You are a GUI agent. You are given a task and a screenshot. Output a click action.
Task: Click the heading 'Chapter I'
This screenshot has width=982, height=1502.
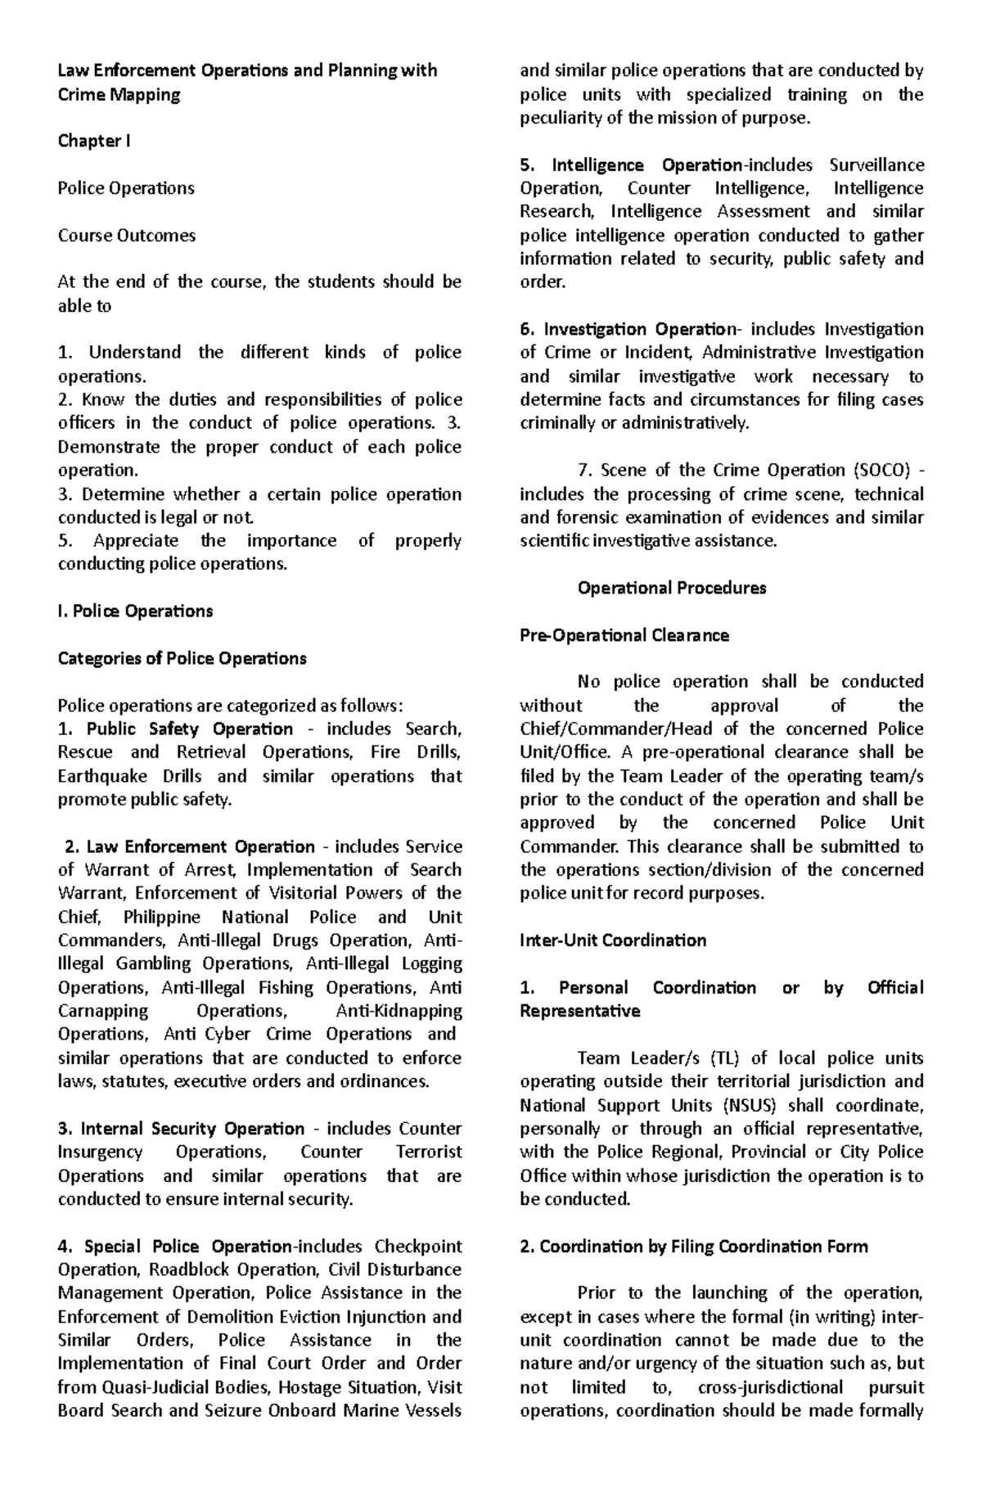click(93, 141)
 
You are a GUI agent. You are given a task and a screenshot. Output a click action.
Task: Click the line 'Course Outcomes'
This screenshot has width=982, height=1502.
click(126, 235)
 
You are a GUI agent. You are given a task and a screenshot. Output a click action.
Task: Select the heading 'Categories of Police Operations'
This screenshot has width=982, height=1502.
click(182, 658)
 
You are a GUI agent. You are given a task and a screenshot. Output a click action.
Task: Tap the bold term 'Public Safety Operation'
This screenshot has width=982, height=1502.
click(189, 728)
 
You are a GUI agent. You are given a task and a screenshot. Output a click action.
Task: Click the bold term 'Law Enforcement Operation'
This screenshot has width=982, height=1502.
click(200, 846)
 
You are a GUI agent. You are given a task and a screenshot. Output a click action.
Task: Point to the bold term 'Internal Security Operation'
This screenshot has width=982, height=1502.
click(192, 1129)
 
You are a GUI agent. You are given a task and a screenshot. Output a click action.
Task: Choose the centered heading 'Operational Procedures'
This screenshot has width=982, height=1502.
click(671, 588)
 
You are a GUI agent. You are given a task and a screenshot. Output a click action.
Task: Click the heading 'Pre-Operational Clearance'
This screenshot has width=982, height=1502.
click(624, 635)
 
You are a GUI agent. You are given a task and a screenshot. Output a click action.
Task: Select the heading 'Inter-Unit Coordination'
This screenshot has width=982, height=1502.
click(613, 940)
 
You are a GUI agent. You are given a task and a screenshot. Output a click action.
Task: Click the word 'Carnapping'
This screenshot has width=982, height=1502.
click(103, 1011)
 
